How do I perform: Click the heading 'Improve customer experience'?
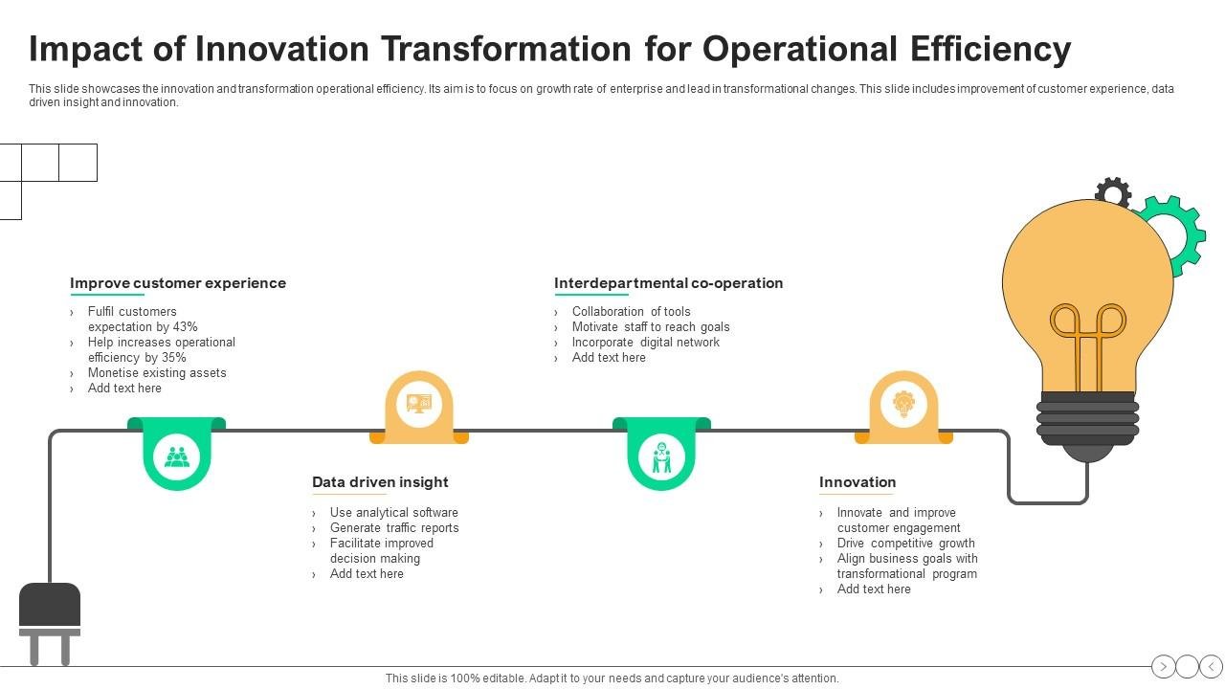pos(178,283)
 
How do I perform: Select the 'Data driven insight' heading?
pos(380,482)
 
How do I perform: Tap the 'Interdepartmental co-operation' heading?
pos(668,283)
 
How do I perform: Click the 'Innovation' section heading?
pos(857,482)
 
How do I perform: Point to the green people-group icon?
pos(177,456)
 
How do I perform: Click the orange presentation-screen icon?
pos(418,403)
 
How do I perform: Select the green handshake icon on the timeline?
pos(661,456)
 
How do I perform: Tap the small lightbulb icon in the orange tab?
pos(903,403)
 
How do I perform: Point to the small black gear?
pos(1113,191)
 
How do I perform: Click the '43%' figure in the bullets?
pos(185,327)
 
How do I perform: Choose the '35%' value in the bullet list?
pos(173,358)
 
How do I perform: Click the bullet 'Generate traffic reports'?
pos(394,528)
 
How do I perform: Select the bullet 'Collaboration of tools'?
pos(631,312)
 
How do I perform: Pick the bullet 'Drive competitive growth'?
pos(905,544)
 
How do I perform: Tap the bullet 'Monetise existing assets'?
pos(157,373)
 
